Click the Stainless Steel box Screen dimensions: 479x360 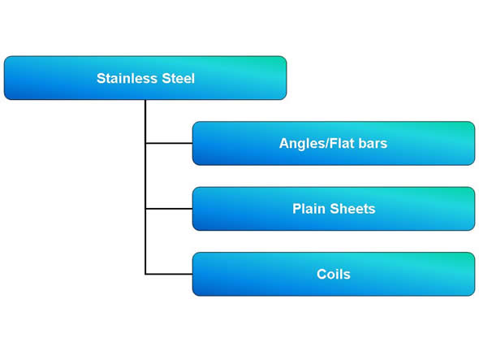coord(145,78)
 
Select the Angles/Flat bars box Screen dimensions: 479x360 coord(334,143)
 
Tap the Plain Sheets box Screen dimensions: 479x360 coord(334,209)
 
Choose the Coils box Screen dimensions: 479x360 coord(334,274)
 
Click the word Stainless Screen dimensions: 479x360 coord(127,78)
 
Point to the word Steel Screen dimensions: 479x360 coord(178,78)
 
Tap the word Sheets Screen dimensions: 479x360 coord(352,209)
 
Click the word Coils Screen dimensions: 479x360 coord(334,274)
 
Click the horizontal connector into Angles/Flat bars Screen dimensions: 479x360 coord(169,143)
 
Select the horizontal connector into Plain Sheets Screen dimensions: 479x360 coord(169,209)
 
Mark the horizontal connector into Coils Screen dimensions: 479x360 coord(169,274)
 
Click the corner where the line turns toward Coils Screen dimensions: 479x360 coord(145,274)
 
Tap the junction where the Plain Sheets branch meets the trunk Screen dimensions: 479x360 coord(145,209)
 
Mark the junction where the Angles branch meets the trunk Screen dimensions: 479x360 coord(145,143)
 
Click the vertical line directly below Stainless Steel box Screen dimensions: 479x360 coord(145,187)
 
